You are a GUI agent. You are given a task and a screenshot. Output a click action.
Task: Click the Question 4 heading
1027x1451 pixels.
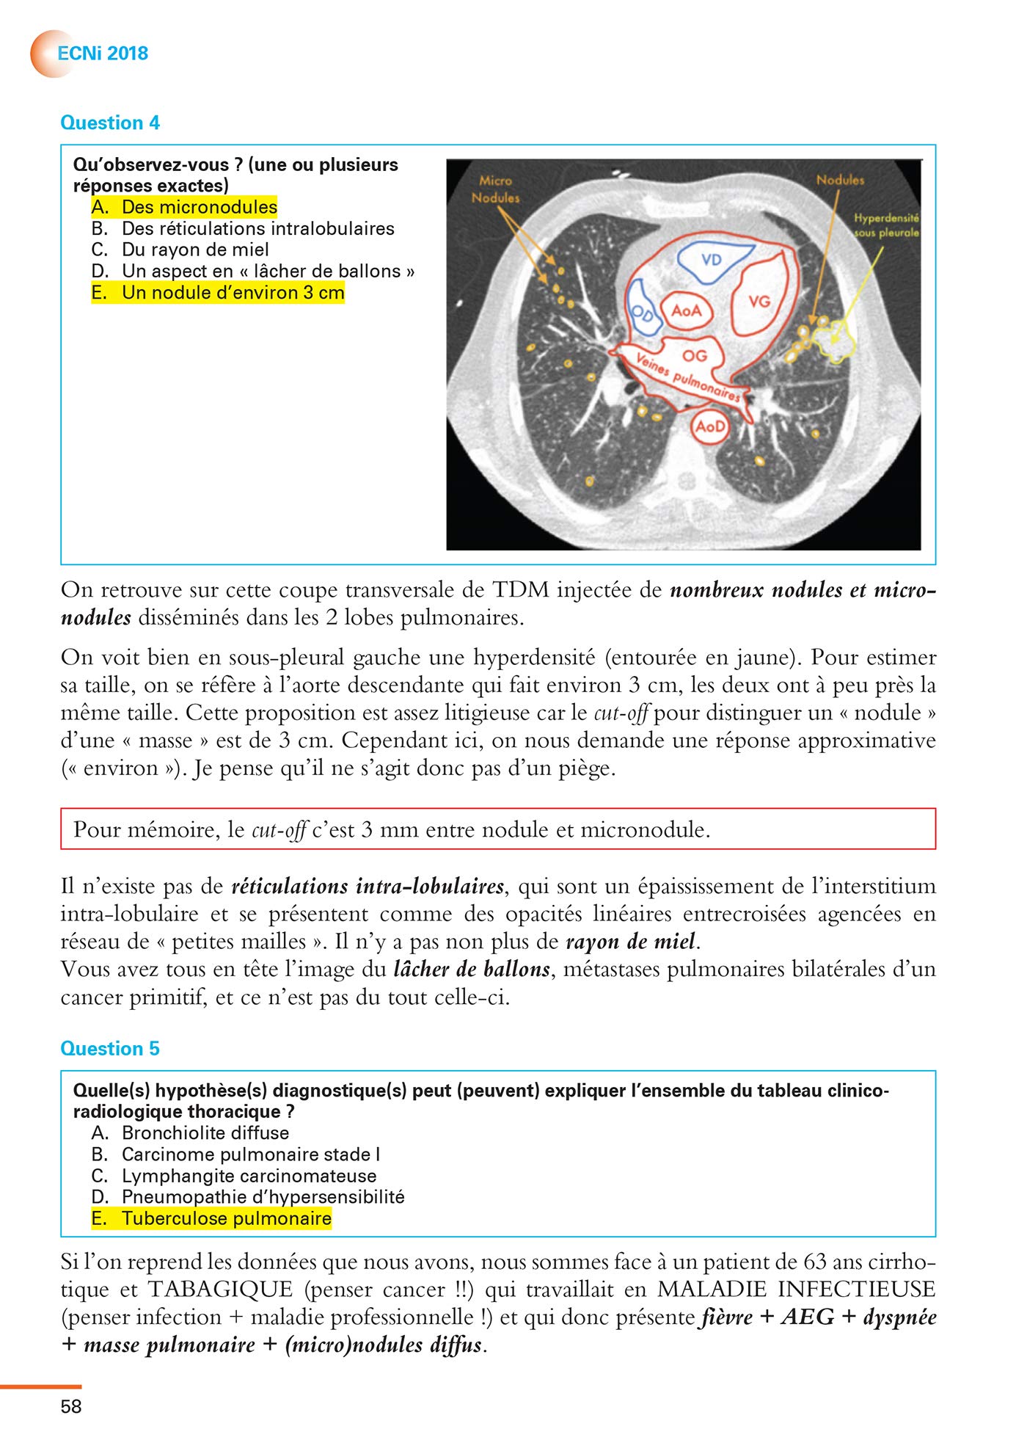[x=109, y=123]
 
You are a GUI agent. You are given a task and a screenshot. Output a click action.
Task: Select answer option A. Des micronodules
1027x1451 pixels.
[x=184, y=207]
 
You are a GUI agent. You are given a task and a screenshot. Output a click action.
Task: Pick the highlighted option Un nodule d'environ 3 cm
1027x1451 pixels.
[x=218, y=293]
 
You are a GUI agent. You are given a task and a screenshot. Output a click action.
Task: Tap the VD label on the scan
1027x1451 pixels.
[x=712, y=260]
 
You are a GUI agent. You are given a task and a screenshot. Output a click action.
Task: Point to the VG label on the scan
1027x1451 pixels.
[x=759, y=301]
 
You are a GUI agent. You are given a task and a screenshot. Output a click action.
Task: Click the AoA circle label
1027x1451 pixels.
[x=686, y=310]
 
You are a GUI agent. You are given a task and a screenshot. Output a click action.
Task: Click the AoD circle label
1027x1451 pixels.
[x=710, y=426]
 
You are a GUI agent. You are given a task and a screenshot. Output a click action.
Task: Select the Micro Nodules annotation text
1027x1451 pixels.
[x=495, y=189]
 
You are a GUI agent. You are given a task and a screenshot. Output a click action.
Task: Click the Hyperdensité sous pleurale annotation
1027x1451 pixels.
[x=886, y=225]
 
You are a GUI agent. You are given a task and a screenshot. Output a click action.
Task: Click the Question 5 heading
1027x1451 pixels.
[x=109, y=1048]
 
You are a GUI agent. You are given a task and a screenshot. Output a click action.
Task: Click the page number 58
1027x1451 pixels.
[x=71, y=1406]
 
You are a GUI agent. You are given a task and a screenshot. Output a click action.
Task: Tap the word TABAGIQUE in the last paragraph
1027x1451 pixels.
[x=220, y=1289]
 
